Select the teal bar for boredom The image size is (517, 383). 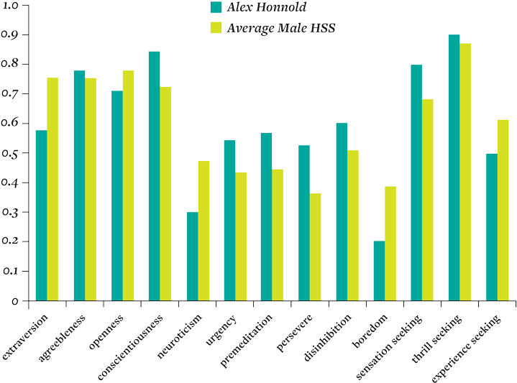pos(379,271)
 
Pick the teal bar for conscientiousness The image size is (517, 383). pos(154,176)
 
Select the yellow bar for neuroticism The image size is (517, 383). pos(203,231)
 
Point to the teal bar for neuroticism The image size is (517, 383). pos(192,257)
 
